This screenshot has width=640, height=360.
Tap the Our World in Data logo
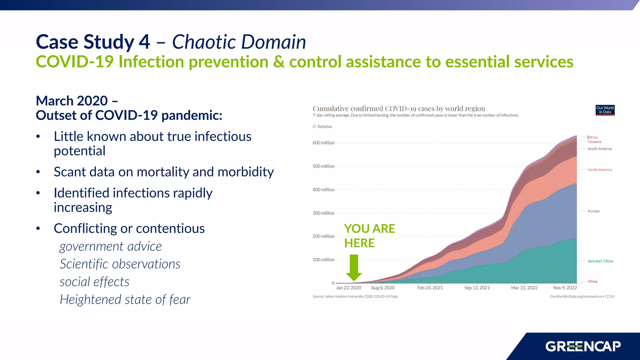(x=605, y=110)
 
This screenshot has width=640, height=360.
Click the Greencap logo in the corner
(x=583, y=346)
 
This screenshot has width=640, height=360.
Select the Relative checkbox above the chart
(x=314, y=127)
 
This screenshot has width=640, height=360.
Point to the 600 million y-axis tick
(x=323, y=143)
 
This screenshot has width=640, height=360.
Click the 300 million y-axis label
(x=323, y=213)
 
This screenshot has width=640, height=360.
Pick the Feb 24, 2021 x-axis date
(x=430, y=288)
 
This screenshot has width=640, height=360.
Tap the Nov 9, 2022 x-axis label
(x=565, y=288)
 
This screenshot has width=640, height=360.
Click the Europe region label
(x=593, y=211)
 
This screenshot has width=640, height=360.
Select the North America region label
(x=600, y=170)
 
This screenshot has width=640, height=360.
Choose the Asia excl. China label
(x=600, y=261)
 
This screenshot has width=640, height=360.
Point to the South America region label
(x=599, y=149)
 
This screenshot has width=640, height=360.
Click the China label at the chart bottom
(x=592, y=281)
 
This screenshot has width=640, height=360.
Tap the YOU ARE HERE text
(x=369, y=236)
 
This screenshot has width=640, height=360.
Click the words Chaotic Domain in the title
(x=239, y=42)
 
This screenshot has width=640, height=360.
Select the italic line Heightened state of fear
(x=125, y=300)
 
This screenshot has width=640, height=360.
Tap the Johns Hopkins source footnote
(x=355, y=297)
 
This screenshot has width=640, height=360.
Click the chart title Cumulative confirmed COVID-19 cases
(x=399, y=109)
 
